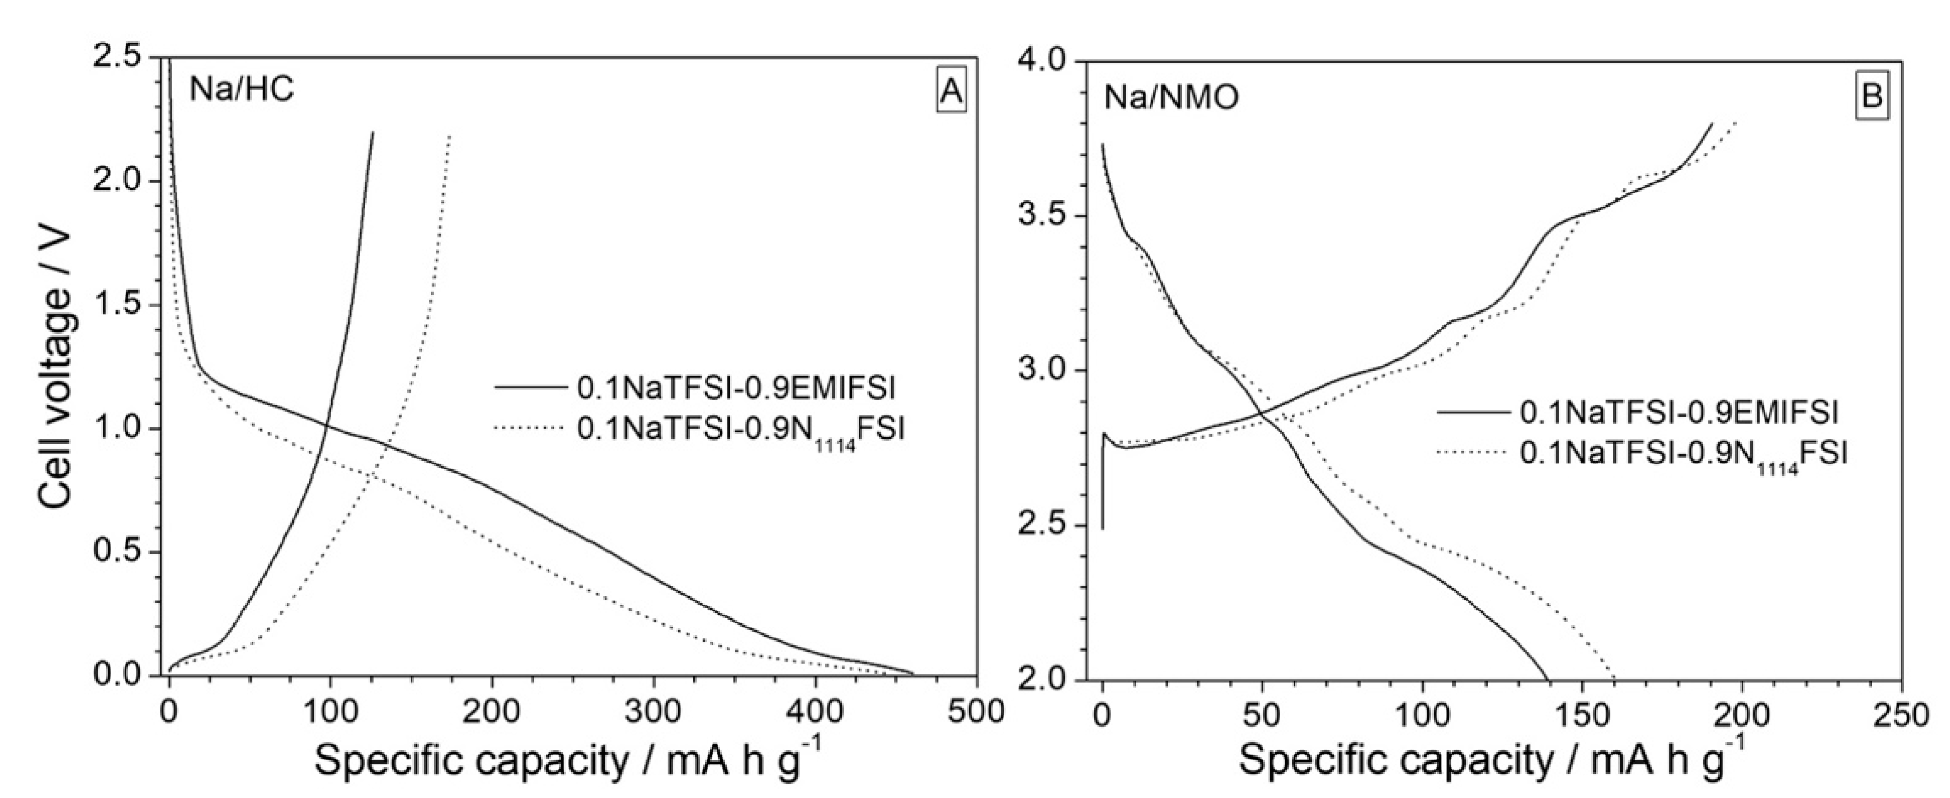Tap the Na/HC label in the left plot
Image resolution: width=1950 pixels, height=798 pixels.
point(242,91)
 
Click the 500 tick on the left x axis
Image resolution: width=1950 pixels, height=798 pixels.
point(976,712)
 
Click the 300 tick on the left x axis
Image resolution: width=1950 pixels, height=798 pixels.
point(653,712)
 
